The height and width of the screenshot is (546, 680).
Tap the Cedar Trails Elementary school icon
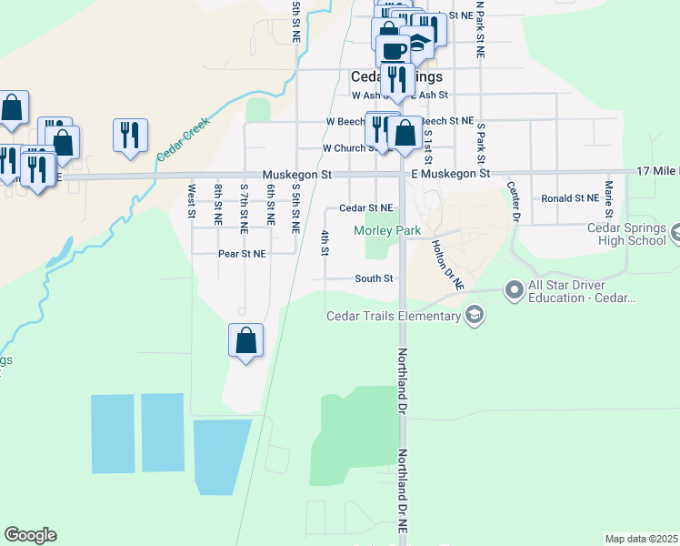pyautogui.click(x=474, y=315)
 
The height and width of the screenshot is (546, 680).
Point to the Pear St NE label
pyautogui.click(x=242, y=254)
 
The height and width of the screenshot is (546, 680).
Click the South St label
pyautogui.click(x=374, y=278)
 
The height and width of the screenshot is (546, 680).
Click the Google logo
pyautogui.click(x=30, y=535)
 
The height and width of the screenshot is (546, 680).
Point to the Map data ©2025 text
pyautogui.click(x=641, y=539)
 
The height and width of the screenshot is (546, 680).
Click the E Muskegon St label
pyautogui.click(x=450, y=173)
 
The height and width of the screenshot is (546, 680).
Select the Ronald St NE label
pyautogui.click(x=568, y=198)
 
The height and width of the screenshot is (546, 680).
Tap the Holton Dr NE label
pyautogui.click(x=447, y=265)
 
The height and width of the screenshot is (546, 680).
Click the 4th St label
pyautogui.click(x=325, y=243)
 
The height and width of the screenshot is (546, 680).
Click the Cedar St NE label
pyautogui.click(x=365, y=208)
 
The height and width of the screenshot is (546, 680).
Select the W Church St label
pyautogui.click(x=344, y=148)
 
